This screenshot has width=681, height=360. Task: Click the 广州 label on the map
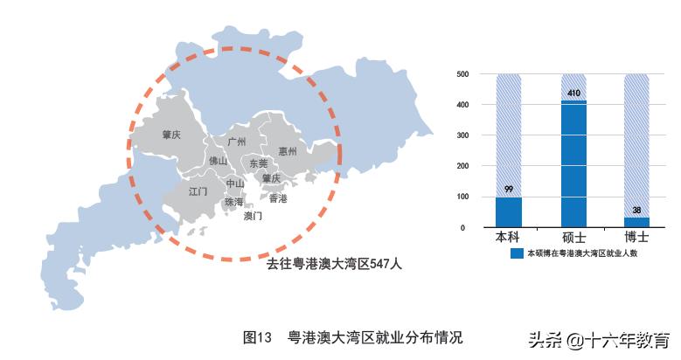pyautogui.click(x=236, y=142)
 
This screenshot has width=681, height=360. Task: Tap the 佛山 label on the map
pyautogui.click(x=217, y=162)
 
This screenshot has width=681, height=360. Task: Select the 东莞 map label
pyautogui.click(x=258, y=163)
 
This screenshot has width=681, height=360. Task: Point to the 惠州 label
pyautogui.click(x=288, y=151)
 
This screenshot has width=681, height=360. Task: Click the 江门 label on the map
pyautogui.click(x=198, y=190)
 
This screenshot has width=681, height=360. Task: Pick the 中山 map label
pyautogui.click(x=235, y=184)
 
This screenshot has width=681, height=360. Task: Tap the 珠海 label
pyautogui.click(x=233, y=202)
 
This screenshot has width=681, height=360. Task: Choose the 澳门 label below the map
pyautogui.click(x=253, y=215)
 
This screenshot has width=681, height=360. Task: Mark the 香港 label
pyautogui.click(x=278, y=198)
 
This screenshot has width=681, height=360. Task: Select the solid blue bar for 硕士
pyautogui.click(x=573, y=164)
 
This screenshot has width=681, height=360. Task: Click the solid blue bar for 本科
pyautogui.click(x=508, y=211)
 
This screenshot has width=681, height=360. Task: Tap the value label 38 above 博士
pyautogui.click(x=637, y=210)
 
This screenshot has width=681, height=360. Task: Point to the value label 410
pyautogui.click(x=573, y=93)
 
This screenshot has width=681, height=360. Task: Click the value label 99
pyautogui.click(x=508, y=190)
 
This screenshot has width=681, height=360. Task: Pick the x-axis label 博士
pyautogui.click(x=637, y=238)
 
